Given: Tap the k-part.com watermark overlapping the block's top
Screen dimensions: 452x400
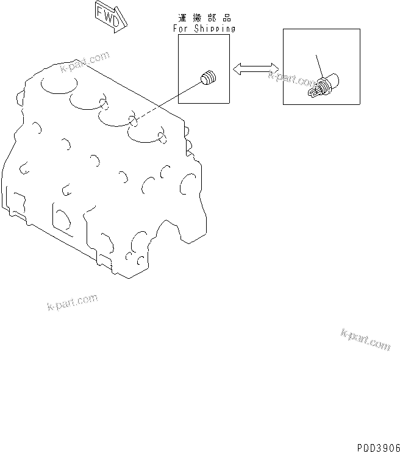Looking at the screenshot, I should coord(85,62).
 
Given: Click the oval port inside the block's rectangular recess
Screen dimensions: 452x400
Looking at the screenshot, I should coord(61,217).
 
